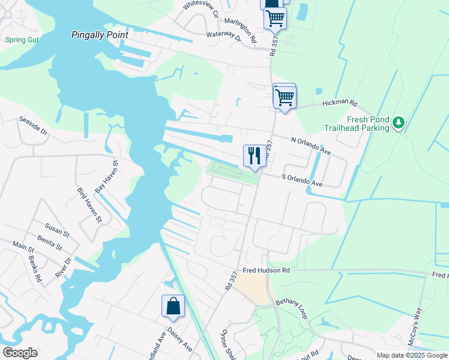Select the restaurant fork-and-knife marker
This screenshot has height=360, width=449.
coord(254,156)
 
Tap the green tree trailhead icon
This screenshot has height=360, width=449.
coord(398,123)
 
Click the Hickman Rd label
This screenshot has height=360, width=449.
coord(340,103)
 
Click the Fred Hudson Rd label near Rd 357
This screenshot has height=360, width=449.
coord(267,271)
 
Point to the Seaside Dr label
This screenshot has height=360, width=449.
coord(33,125)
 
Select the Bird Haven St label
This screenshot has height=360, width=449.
coord(89,205)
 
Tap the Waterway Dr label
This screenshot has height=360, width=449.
coord(223,37)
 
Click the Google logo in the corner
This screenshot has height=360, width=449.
coord(20,353)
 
